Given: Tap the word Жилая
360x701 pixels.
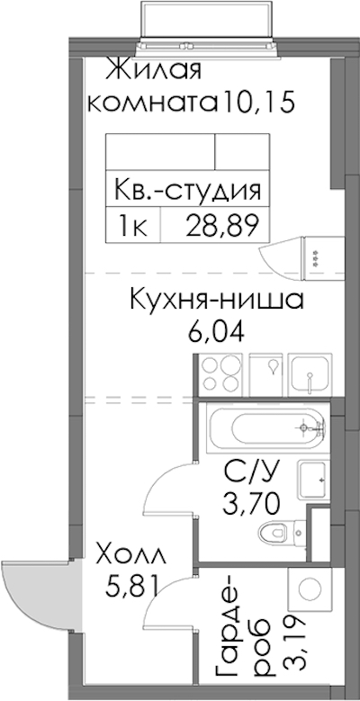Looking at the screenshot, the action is click(153, 72).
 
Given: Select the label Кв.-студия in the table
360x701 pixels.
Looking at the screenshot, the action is click(187, 191).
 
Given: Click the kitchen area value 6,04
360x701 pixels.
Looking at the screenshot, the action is click(216, 332).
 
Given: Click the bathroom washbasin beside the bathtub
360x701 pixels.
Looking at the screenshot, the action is click(312, 480).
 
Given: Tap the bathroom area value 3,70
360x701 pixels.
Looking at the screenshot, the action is click(252, 505).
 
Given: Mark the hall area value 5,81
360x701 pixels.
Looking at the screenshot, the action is click(132, 586).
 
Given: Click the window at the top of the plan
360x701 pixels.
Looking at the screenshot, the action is click(207, 24).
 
